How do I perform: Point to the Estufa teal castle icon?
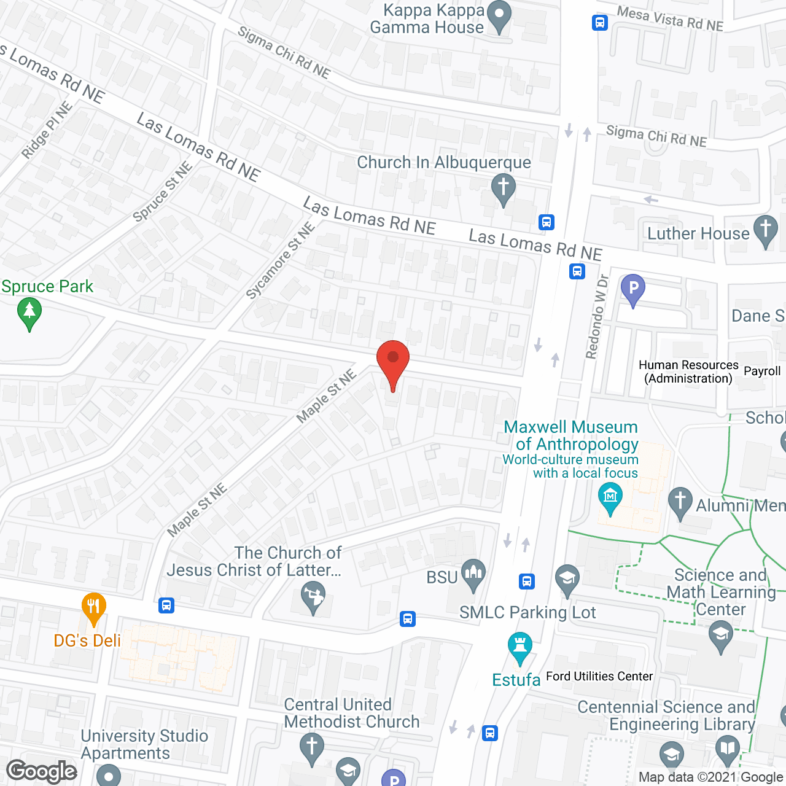[520, 647]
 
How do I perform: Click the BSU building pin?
[473, 575]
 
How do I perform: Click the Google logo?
[42, 771]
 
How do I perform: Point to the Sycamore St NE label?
[281, 260]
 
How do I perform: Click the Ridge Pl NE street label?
[47, 130]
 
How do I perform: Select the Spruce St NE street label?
[163, 192]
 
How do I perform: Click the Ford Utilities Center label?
[599, 676]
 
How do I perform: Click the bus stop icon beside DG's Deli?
[166, 605]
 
